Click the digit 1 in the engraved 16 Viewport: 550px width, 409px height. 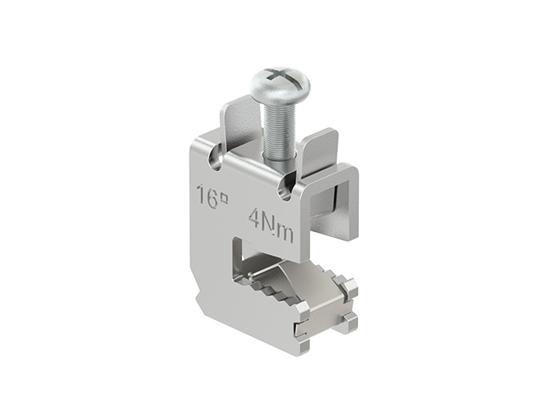coord(201,196)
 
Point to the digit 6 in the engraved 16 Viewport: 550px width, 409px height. coord(212,200)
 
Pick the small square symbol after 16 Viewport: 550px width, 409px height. coord(224,199)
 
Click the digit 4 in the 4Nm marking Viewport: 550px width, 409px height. coord(256,218)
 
